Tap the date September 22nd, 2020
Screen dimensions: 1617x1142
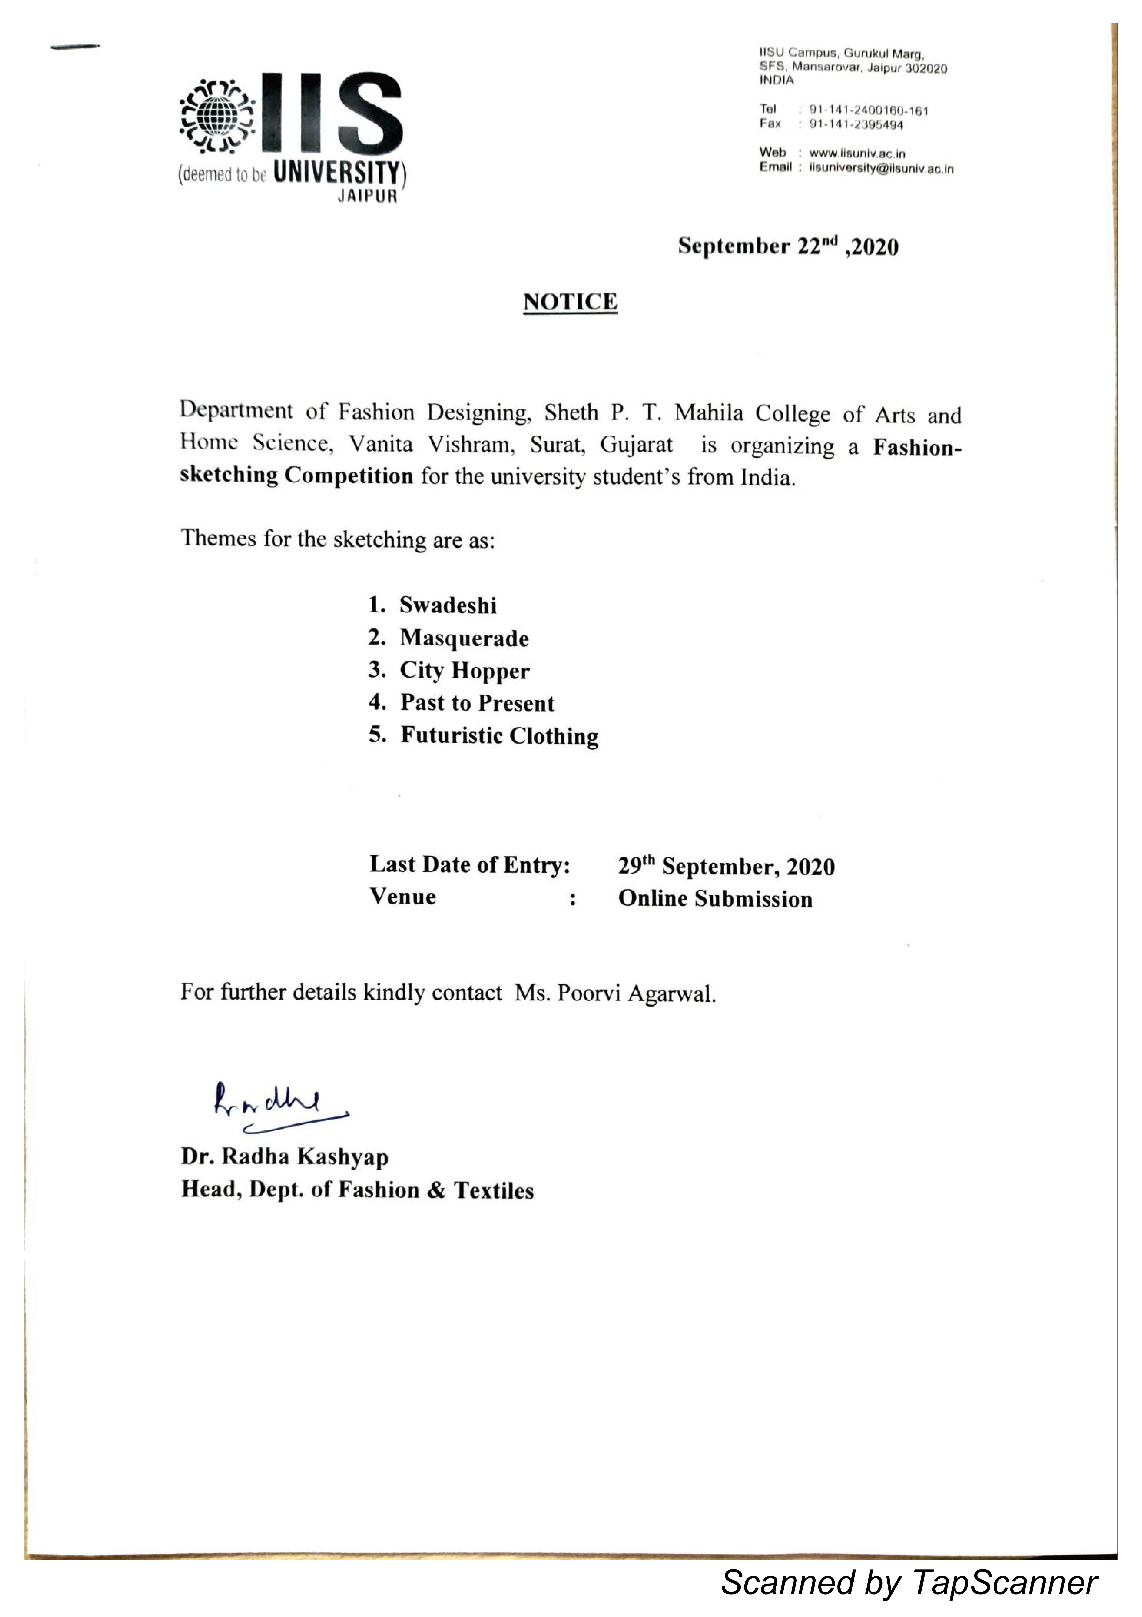click(x=788, y=246)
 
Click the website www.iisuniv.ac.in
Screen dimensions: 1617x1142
click(x=857, y=153)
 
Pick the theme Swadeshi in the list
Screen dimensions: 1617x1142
click(x=448, y=605)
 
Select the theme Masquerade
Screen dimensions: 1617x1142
click(x=464, y=638)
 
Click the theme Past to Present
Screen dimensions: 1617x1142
click(x=477, y=703)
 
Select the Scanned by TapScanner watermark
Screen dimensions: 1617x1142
click(x=908, y=1582)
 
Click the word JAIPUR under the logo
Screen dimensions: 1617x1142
click(x=367, y=197)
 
